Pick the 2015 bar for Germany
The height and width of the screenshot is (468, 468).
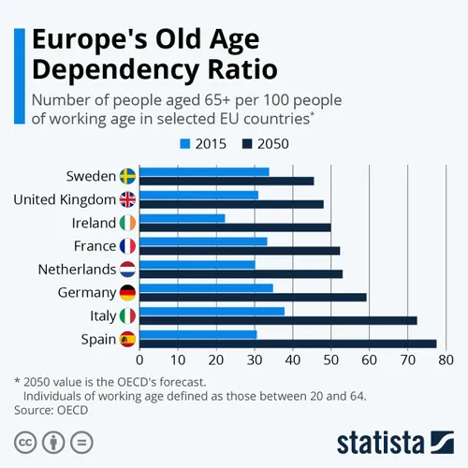pyautogui.click(x=206, y=288)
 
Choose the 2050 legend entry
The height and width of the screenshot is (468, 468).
pyautogui.click(x=266, y=144)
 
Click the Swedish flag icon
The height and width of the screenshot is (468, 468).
pyautogui.click(x=128, y=176)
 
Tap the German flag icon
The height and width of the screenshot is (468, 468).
pyautogui.click(x=128, y=293)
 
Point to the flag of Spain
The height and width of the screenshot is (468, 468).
pyautogui.click(x=128, y=339)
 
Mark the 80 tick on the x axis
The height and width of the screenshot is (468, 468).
pyautogui.click(x=445, y=358)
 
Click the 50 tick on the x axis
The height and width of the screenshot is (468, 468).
pyautogui.click(x=330, y=358)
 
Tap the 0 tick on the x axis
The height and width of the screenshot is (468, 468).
pyautogui.click(x=139, y=358)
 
